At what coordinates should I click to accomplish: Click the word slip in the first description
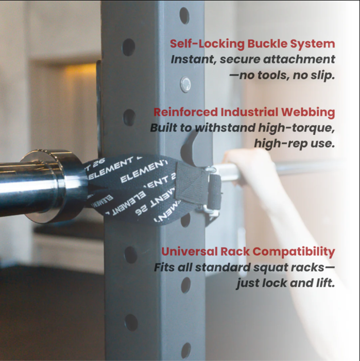322,75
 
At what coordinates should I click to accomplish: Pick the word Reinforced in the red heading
185,112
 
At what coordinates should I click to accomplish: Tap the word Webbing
308,113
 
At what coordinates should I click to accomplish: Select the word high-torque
296,128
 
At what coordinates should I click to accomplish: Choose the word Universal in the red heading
189,252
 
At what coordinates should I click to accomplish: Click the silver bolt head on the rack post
185,84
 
